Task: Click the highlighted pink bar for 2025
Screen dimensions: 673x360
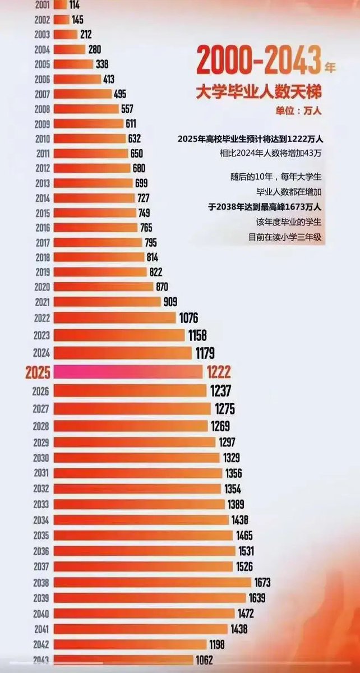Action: [x=128, y=371]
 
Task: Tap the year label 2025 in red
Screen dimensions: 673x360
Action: [x=38, y=372]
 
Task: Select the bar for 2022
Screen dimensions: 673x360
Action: [x=115, y=318]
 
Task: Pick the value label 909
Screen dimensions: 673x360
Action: [x=170, y=302]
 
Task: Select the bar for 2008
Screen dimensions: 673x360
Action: [x=86, y=109]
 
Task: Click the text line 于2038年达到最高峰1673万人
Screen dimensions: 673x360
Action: [x=264, y=207]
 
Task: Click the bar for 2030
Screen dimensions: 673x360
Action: [x=137, y=458]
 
